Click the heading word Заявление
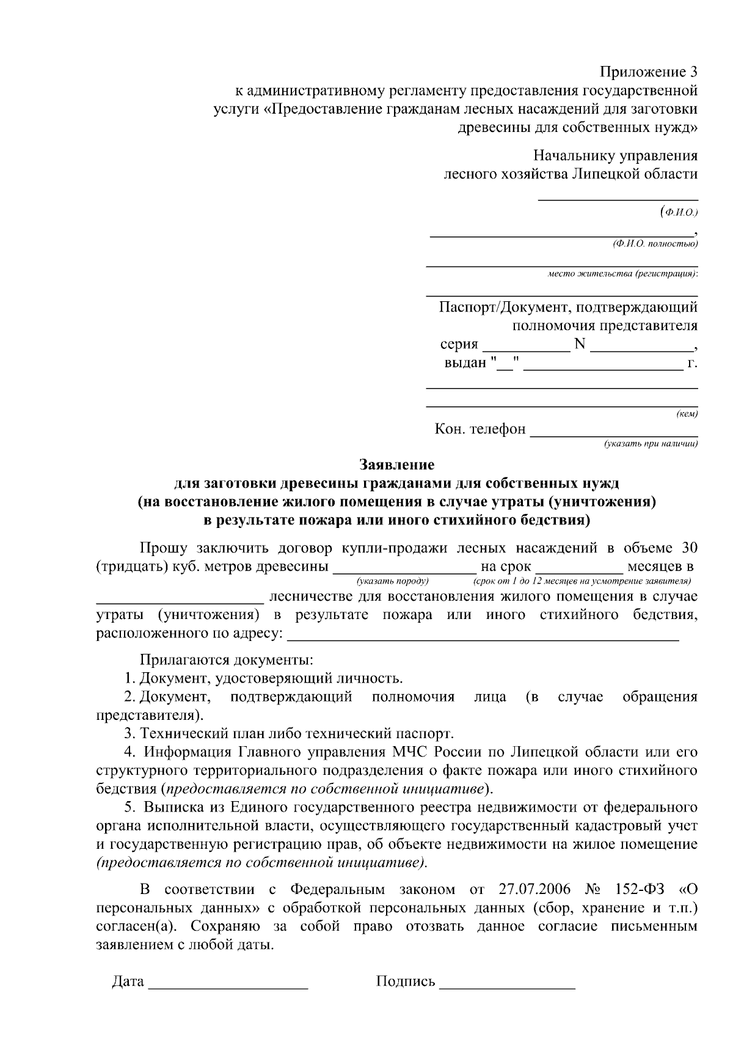pos(397,465)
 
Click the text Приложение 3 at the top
pos(648,72)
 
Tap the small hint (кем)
pos(687,415)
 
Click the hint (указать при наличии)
pos(651,444)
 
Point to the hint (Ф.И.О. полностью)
pos(655,244)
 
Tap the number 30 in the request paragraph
pos(688,547)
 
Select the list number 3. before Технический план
pos(129,733)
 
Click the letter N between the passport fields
pos(580,344)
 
